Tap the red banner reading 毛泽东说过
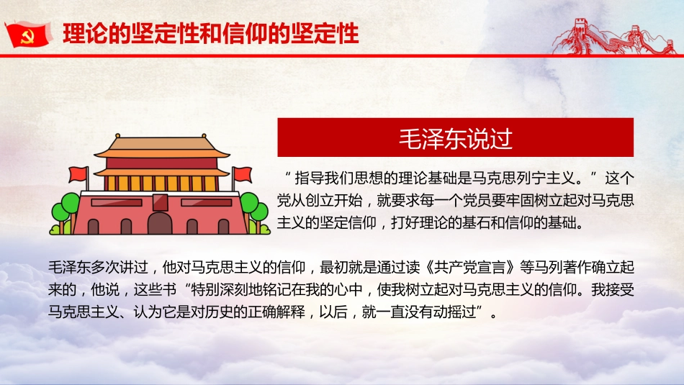455,137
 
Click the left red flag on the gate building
77,174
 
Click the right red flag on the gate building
243,174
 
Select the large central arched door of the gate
160,222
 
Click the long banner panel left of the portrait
119,202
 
